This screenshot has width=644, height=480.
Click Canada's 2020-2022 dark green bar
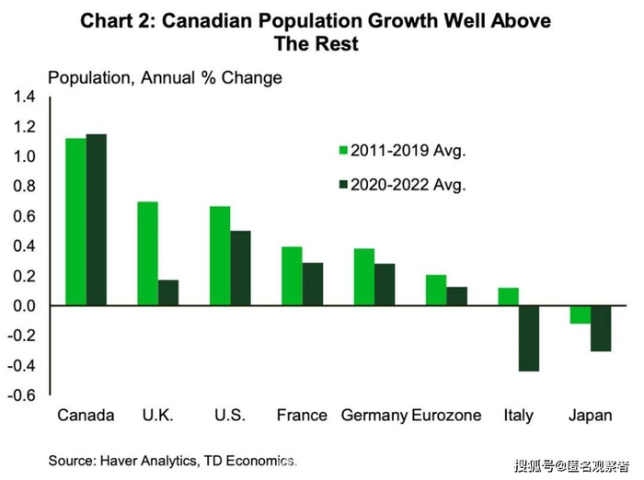click(96, 220)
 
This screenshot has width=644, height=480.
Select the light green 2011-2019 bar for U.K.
click(147, 253)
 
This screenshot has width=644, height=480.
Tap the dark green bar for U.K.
click(168, 292)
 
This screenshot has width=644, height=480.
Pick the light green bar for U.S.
click(219, 256)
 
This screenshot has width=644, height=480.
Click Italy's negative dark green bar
click(528, 337)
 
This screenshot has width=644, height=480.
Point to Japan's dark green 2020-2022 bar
click(600, 327)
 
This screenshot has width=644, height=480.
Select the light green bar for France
click(291, 276)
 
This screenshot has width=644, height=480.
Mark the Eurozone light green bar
click(435, 290)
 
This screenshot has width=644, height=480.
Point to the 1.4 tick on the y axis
click(24, 97)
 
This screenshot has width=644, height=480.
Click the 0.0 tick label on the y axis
click(24, 306)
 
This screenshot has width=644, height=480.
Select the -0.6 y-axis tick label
click(22, 395)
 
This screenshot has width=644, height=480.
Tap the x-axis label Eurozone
click(446, 415)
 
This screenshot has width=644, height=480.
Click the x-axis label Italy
click(518, 415)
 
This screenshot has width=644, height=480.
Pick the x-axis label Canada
click(86, 415)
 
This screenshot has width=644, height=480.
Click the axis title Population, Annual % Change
click(165, 78)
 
